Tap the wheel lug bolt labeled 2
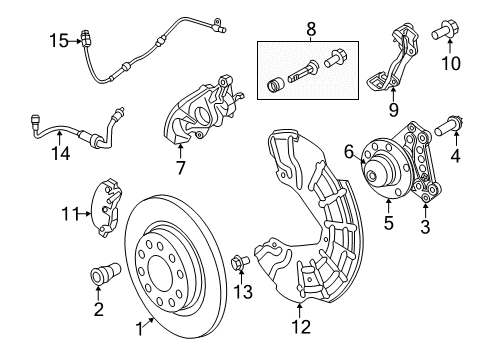point(100,273)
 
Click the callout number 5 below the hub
point(388,225)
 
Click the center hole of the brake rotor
point(160,276)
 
